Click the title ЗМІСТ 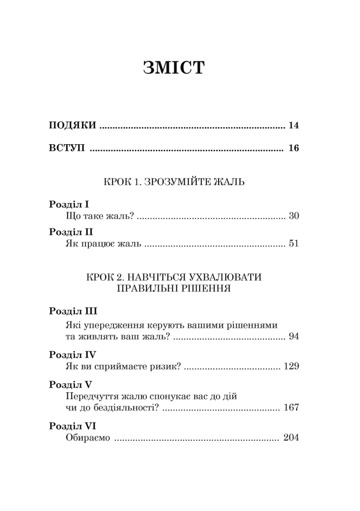pyautogui.click(x=174, y=68)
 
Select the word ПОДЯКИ pyautogui.click(x=72, y=125)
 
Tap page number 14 pyautogui.click(x=293, y=125)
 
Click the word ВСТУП pyautogui.click(x=67, y=149)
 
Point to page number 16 pyautogui.click(x=293, y=149)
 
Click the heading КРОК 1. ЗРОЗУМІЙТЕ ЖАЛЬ pyautogui.click(x=174, y=181)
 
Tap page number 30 pyautogui.click(x=293, y=217)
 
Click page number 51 pyautogui.click(x=293, y=245)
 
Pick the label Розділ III pyautogui.click(x=73, y=312)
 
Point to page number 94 pyautogui.click(x=293, y=337)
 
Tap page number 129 pyautogui.click(x=291, y=367)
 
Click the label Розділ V pyautogui.click(x=71, y=384)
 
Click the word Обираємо pyautogui.click(x=87, y=439)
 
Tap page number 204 pyautogui.click(x=291, y=439)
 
